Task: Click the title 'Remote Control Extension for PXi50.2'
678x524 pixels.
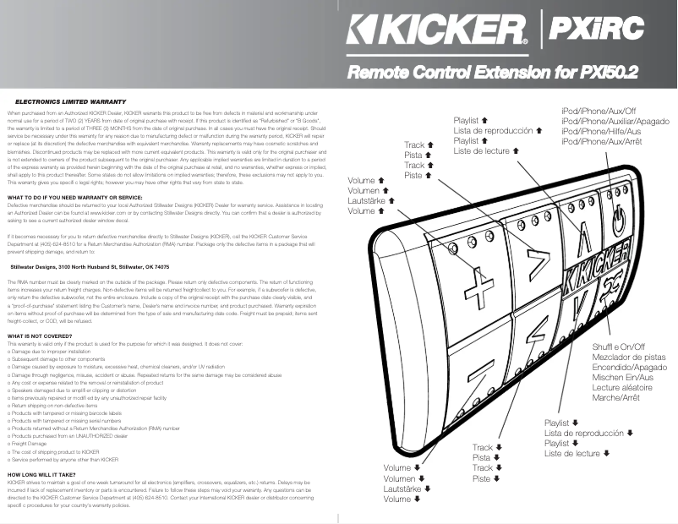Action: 494,72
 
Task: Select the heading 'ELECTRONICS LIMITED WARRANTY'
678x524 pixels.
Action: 60,101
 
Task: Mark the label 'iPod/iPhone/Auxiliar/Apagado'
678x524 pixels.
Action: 615,121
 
